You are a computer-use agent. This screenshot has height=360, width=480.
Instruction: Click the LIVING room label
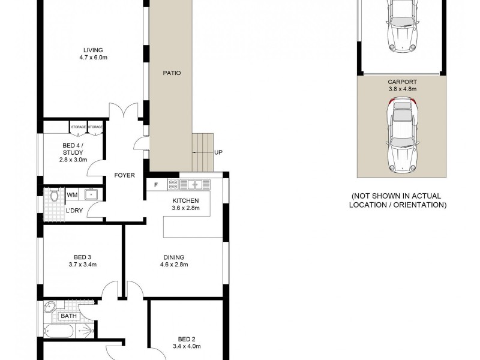(93, 50)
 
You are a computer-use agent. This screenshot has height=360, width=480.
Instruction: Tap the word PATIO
(172, 73)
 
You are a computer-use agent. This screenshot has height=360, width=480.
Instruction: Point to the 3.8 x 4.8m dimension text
(401, 89)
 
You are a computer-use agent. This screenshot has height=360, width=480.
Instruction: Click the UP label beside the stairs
(218, 152)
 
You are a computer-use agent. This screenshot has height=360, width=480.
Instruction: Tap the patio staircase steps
(202, 152)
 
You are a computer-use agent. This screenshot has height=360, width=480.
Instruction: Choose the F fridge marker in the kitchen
(156, 184)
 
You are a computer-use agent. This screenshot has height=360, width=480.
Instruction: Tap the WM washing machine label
(72, 194)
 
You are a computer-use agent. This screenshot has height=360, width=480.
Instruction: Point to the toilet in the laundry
(54, 195)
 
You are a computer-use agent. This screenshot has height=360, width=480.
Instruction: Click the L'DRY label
(74, 210)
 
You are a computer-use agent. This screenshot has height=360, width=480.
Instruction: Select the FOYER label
(124, 176)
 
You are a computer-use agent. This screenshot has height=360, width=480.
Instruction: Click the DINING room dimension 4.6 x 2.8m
(174, 265)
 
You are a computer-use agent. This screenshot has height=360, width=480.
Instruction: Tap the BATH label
(68, 316)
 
